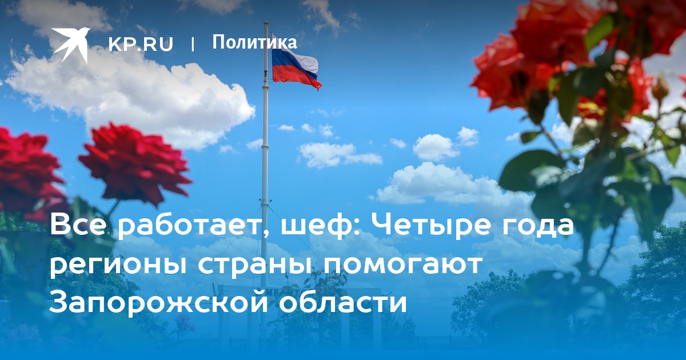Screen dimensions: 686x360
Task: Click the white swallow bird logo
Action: (x=70, y=45)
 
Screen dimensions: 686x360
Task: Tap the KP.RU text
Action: (x=141, y=44)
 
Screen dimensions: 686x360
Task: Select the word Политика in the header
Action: (x=254, y=42)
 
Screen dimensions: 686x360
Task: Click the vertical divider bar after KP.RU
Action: (x=193, y=44)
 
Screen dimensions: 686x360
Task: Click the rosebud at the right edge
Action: (x=659, y=89)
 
